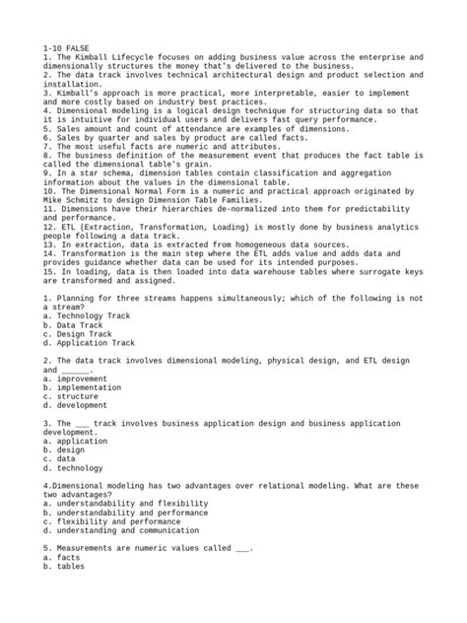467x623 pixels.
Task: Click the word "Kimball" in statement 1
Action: pos(95,57)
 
